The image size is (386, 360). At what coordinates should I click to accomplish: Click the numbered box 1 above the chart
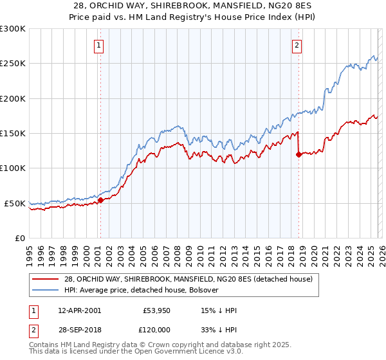click(100, 46)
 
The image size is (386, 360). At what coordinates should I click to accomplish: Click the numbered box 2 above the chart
click(297, 46)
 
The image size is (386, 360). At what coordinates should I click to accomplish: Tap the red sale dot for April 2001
click(100, 200)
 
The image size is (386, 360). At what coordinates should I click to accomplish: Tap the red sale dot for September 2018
click(299, 154)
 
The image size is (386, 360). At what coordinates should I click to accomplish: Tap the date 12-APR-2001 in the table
click(78, 310)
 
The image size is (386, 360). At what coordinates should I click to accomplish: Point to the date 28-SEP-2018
click(78, 328)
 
